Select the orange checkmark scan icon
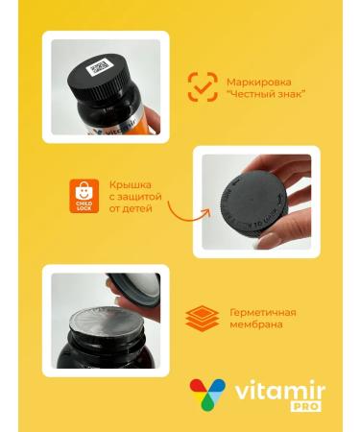point(203,87)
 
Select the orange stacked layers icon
point(202,318)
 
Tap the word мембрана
point(255,326)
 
